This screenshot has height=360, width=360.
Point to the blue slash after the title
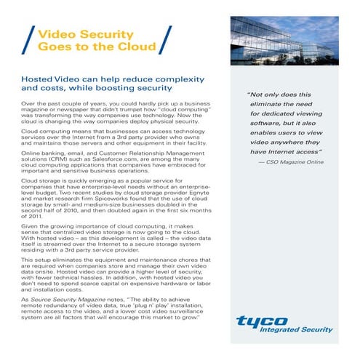(166, 41)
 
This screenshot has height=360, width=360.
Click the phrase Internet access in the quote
(296, 153)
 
